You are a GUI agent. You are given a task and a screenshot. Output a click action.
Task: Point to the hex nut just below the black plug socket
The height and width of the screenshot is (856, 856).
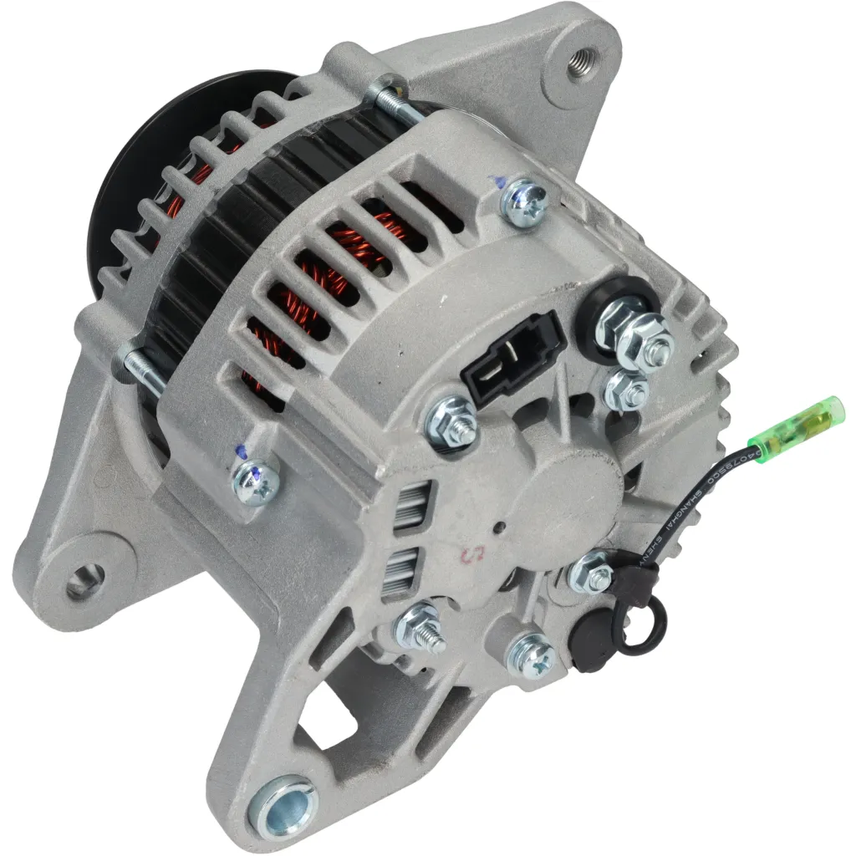(452, 422)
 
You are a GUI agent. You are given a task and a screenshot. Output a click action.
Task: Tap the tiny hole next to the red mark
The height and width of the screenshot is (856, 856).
(498, 528)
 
